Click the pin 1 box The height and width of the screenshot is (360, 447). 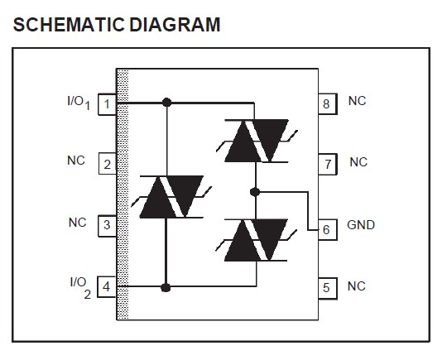107,103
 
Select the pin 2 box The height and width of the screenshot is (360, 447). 107,164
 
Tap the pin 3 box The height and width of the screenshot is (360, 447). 107,225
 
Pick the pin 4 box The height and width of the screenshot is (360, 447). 107,287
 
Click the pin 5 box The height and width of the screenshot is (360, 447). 326,288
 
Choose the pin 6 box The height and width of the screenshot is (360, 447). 326,229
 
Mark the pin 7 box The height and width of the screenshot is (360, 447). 326,164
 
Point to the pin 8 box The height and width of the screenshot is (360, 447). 326,103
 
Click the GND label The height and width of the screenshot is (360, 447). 361,225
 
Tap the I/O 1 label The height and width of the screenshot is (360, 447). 79,102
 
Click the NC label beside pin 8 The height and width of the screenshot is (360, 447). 357,101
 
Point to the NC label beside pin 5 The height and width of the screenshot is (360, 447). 357,286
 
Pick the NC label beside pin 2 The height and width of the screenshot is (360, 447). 76,161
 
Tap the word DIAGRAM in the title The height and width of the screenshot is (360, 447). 174,24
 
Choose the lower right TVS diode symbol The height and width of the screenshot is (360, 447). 256,242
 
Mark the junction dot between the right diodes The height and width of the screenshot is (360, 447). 255,192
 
